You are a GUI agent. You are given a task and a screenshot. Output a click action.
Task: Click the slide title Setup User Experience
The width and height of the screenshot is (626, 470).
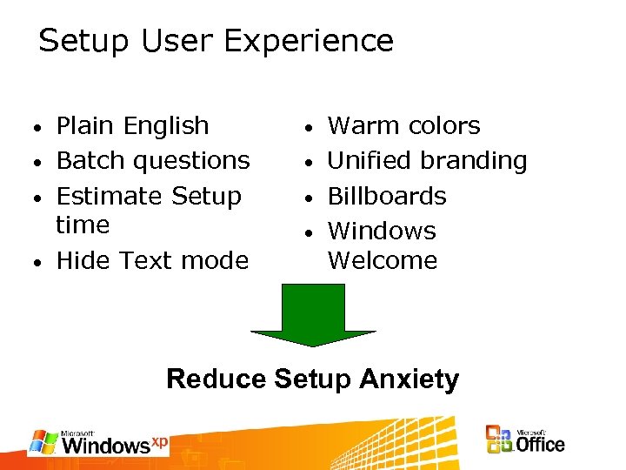pyautogui.click(x=216, y=41)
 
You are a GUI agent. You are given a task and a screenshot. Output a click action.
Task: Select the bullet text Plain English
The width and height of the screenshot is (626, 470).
pyautogui.click(x=132, y=126)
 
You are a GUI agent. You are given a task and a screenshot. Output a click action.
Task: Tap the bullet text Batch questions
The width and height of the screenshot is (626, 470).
pyautogui.click(x=152, y=161)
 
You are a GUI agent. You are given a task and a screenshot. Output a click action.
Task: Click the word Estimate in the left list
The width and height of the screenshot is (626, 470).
pyautogui.click(x=110, y=196)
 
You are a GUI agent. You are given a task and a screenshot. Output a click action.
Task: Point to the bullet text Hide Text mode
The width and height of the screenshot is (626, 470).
pyautogui.click(x=152, y=260)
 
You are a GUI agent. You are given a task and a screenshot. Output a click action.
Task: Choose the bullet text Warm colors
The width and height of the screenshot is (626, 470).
pyautogui.click(x=403, y=126)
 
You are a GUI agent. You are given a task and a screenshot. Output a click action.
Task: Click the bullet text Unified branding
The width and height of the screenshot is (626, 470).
pyautogui.click(x=427, y=161)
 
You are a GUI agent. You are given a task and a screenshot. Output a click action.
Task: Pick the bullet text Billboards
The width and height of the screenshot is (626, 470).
pyautogui.click(x=386, y=196)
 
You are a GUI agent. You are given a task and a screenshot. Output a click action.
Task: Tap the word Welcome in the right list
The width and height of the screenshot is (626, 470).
pyautogui.click(x=382, y=260)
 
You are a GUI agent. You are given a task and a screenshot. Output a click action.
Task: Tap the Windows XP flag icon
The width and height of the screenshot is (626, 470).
pyautogui.click(x=43, y=441)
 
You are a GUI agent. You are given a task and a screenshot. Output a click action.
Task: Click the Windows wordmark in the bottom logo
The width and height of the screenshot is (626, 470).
pyautogui.click(x=106, y=446)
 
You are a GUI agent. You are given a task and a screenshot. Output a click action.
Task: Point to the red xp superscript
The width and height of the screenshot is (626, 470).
pyautogui.click(x=159, y=441)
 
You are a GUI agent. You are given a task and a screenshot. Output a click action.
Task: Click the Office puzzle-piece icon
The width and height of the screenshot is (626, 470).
pyautogui.click(x=499, y=440)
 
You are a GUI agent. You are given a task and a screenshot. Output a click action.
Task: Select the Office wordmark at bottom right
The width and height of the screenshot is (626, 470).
pyautogui.click(x=540, y=444)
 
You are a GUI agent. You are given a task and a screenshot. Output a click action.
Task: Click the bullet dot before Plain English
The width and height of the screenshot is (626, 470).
pyautogui.click(x=40, y=129)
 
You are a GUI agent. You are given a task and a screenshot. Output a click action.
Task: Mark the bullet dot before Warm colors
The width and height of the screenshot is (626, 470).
pyautogui.click(x=311, y=129)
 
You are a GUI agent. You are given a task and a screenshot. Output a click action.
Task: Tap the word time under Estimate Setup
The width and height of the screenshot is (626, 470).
pyautogui.click(x=83, y=225)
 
